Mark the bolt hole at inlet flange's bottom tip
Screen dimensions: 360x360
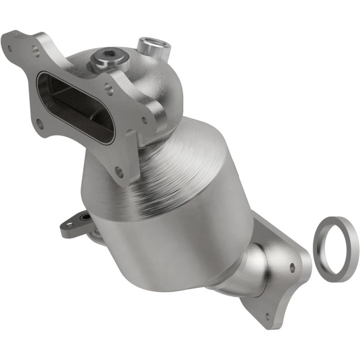119,171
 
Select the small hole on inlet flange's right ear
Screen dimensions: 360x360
144,120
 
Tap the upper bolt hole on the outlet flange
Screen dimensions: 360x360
292,267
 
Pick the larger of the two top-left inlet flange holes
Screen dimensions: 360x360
36,52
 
